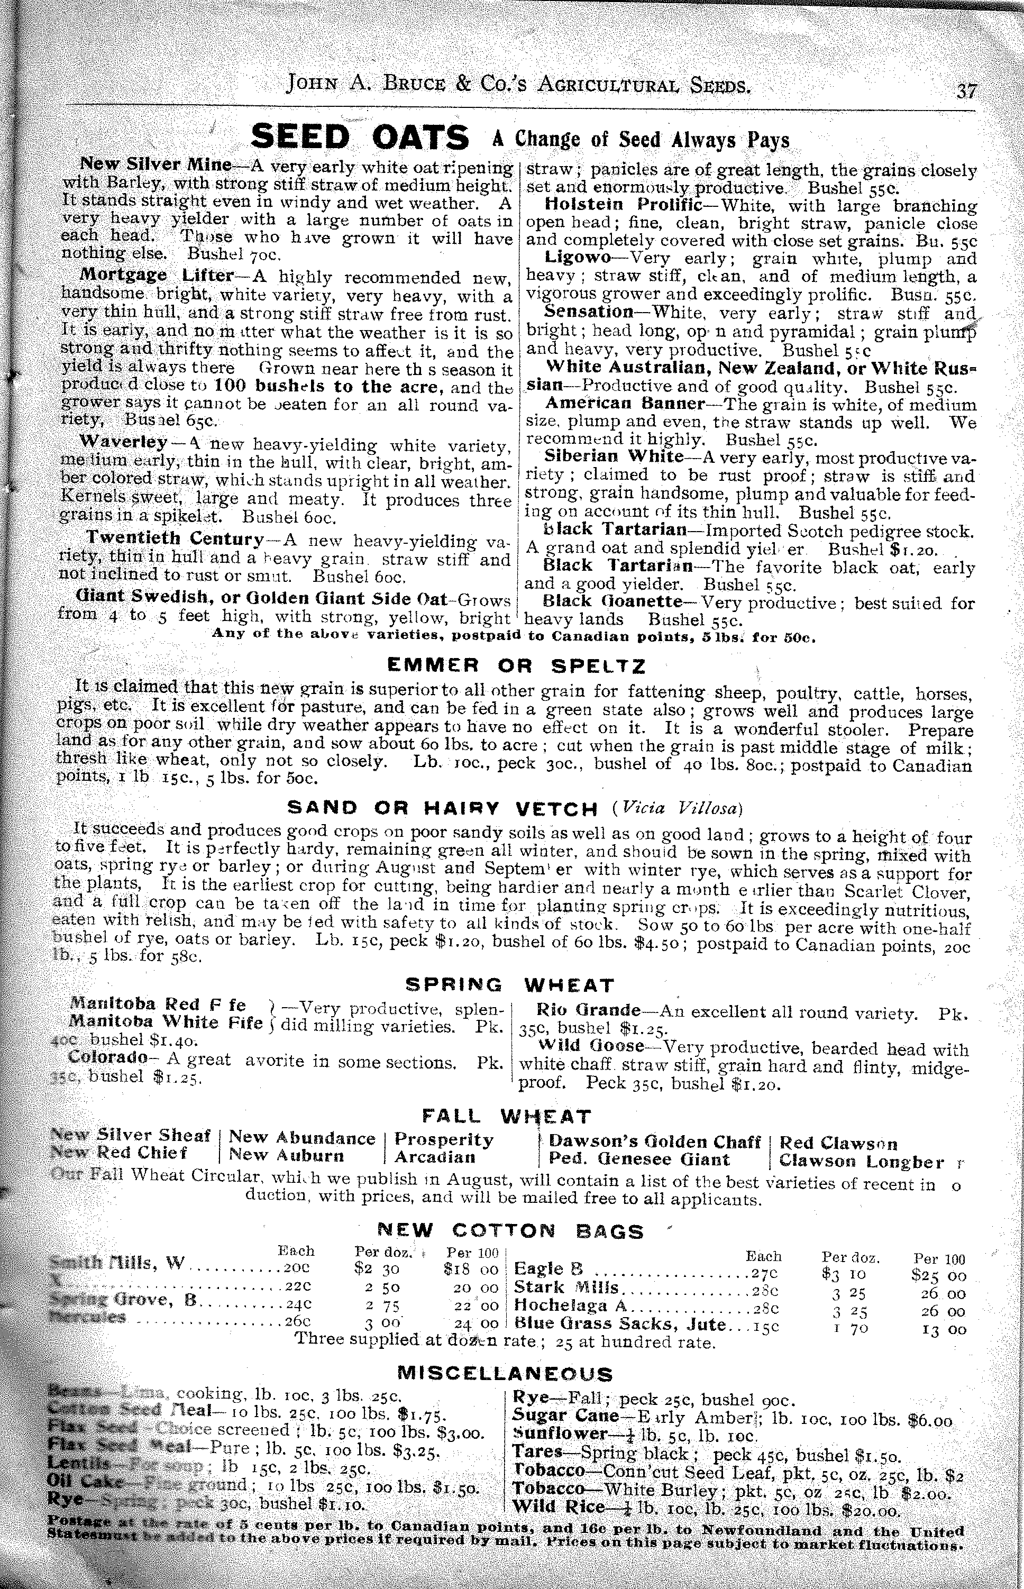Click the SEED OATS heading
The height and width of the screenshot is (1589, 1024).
point(360,138)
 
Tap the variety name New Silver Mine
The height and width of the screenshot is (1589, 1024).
point(156,164)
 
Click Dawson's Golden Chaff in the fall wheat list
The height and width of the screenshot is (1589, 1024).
point(654,1142)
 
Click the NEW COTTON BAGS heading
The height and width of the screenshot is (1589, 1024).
point(510,1232)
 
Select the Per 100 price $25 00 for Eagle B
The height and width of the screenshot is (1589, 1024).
point(938,1276)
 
